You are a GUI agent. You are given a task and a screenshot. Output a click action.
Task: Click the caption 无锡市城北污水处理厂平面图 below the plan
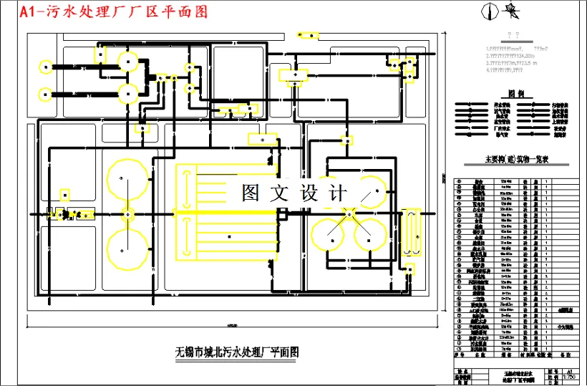coord(236,352)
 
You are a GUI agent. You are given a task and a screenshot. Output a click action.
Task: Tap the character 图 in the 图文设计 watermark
coord(250,193)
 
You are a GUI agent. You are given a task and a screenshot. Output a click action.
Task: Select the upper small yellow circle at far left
coord(45,68)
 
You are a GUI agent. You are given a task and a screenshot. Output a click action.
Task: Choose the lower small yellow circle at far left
coord(45,92)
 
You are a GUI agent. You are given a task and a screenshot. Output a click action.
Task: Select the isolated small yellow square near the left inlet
coord(65,193)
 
